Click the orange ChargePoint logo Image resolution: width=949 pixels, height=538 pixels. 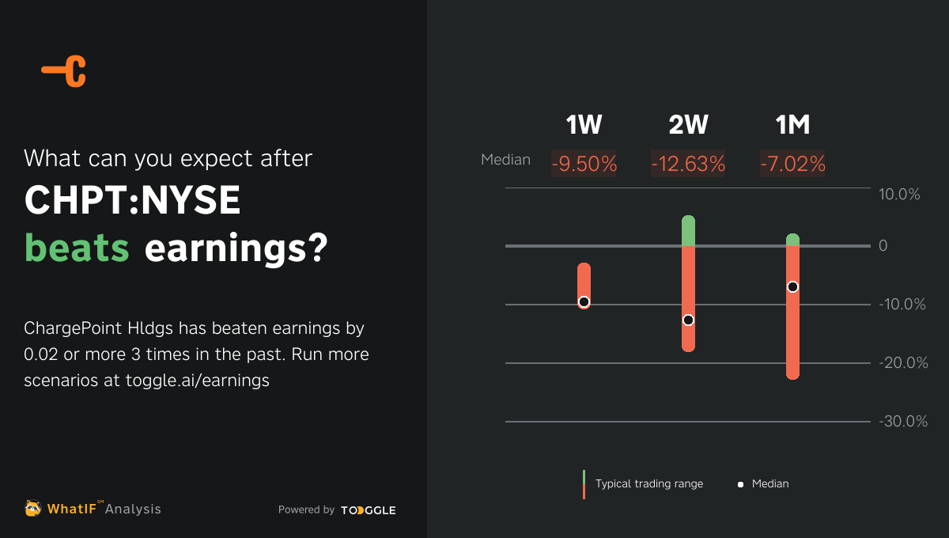pyautogui.click(x=64, y=71)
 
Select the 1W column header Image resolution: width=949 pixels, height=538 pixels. pyautogui.click(x=584, y=125)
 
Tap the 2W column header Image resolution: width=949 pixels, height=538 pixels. pyautogui.click(x=688, y=125)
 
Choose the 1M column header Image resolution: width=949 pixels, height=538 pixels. pyautogui.click(x=792, y=125)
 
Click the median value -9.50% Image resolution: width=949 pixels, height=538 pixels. pyautogui.click(x=584, y=164)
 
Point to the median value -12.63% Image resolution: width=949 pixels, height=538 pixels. pyautogui.click(x=688, y=164)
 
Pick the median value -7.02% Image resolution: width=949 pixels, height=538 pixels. pyautogui.click(x=792, y=164)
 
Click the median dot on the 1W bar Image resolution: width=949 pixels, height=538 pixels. pyautogui.click(x=584, y=301)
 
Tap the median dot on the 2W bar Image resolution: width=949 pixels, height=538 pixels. pyautogui.click(x=688, y=320)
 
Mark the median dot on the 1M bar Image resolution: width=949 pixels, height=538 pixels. pyautogui.click(x=792, y=286)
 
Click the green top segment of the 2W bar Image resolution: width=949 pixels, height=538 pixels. pyautogui.click(x=688, y=230)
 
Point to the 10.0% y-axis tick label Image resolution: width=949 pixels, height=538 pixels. pyautogui.click(x=899, y=195)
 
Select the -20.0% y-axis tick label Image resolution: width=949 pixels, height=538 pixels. pyautogui.click(x=902, y=363)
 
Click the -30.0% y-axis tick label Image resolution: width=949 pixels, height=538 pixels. pyautogui.click(x=902, y=422)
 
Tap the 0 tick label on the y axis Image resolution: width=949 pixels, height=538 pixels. pyautogui.click(x=883, y=246)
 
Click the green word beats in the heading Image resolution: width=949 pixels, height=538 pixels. pyautogui.click(x=77, y=248)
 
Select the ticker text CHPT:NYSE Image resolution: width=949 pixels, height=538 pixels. pyautogui.click(x=132, y=201)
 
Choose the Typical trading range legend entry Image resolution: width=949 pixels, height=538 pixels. pyautogui.click(x=648, y=483)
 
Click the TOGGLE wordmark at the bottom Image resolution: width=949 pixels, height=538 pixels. pyautogui.click(x=369, y=510)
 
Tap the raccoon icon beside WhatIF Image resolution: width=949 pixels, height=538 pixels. pyautogui.click(x=32, y=508)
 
